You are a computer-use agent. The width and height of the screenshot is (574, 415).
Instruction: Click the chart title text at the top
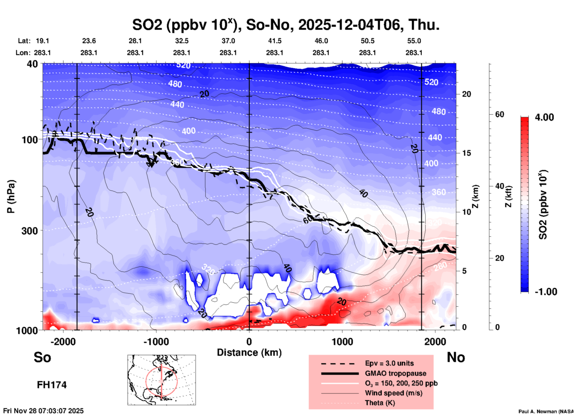[286, 25]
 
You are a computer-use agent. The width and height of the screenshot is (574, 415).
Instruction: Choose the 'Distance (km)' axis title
[249, 352]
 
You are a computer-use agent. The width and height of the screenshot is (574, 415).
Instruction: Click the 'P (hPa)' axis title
[11, 196]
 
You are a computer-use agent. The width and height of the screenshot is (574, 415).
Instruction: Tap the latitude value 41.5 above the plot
[274, 41]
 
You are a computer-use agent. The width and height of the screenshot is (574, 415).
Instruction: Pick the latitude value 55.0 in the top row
[414, 41]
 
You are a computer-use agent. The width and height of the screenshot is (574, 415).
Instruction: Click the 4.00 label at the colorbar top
[544, 117]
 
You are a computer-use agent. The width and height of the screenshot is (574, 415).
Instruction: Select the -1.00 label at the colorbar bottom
[546, 291]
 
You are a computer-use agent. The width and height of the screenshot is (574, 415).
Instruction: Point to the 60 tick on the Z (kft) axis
[499, 114]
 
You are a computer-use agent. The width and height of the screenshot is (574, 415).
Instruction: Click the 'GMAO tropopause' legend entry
[395, 373]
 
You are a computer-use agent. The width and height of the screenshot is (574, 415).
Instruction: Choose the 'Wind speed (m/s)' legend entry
[393, 393]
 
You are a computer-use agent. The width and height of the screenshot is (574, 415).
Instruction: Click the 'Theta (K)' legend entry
[380, 403]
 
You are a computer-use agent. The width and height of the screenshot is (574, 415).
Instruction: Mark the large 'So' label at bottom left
[42, 357]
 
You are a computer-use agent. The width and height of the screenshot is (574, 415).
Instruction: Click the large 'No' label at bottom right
[456, 357]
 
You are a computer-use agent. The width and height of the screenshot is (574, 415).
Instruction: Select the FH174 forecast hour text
[52, 385]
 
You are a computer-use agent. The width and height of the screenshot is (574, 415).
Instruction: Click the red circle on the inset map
[146, 381]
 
